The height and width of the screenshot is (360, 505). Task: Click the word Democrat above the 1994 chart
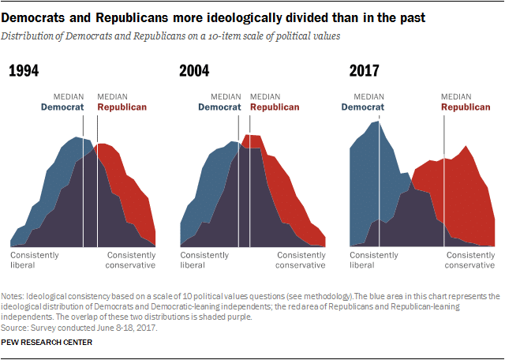coord(62,107)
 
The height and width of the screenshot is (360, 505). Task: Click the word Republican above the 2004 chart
coord(275,107)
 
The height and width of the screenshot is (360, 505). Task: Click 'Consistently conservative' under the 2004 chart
coord(301,260)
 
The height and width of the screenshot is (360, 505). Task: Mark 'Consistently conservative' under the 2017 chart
coord(470,260)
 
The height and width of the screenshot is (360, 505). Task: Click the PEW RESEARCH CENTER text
coord(47,342)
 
